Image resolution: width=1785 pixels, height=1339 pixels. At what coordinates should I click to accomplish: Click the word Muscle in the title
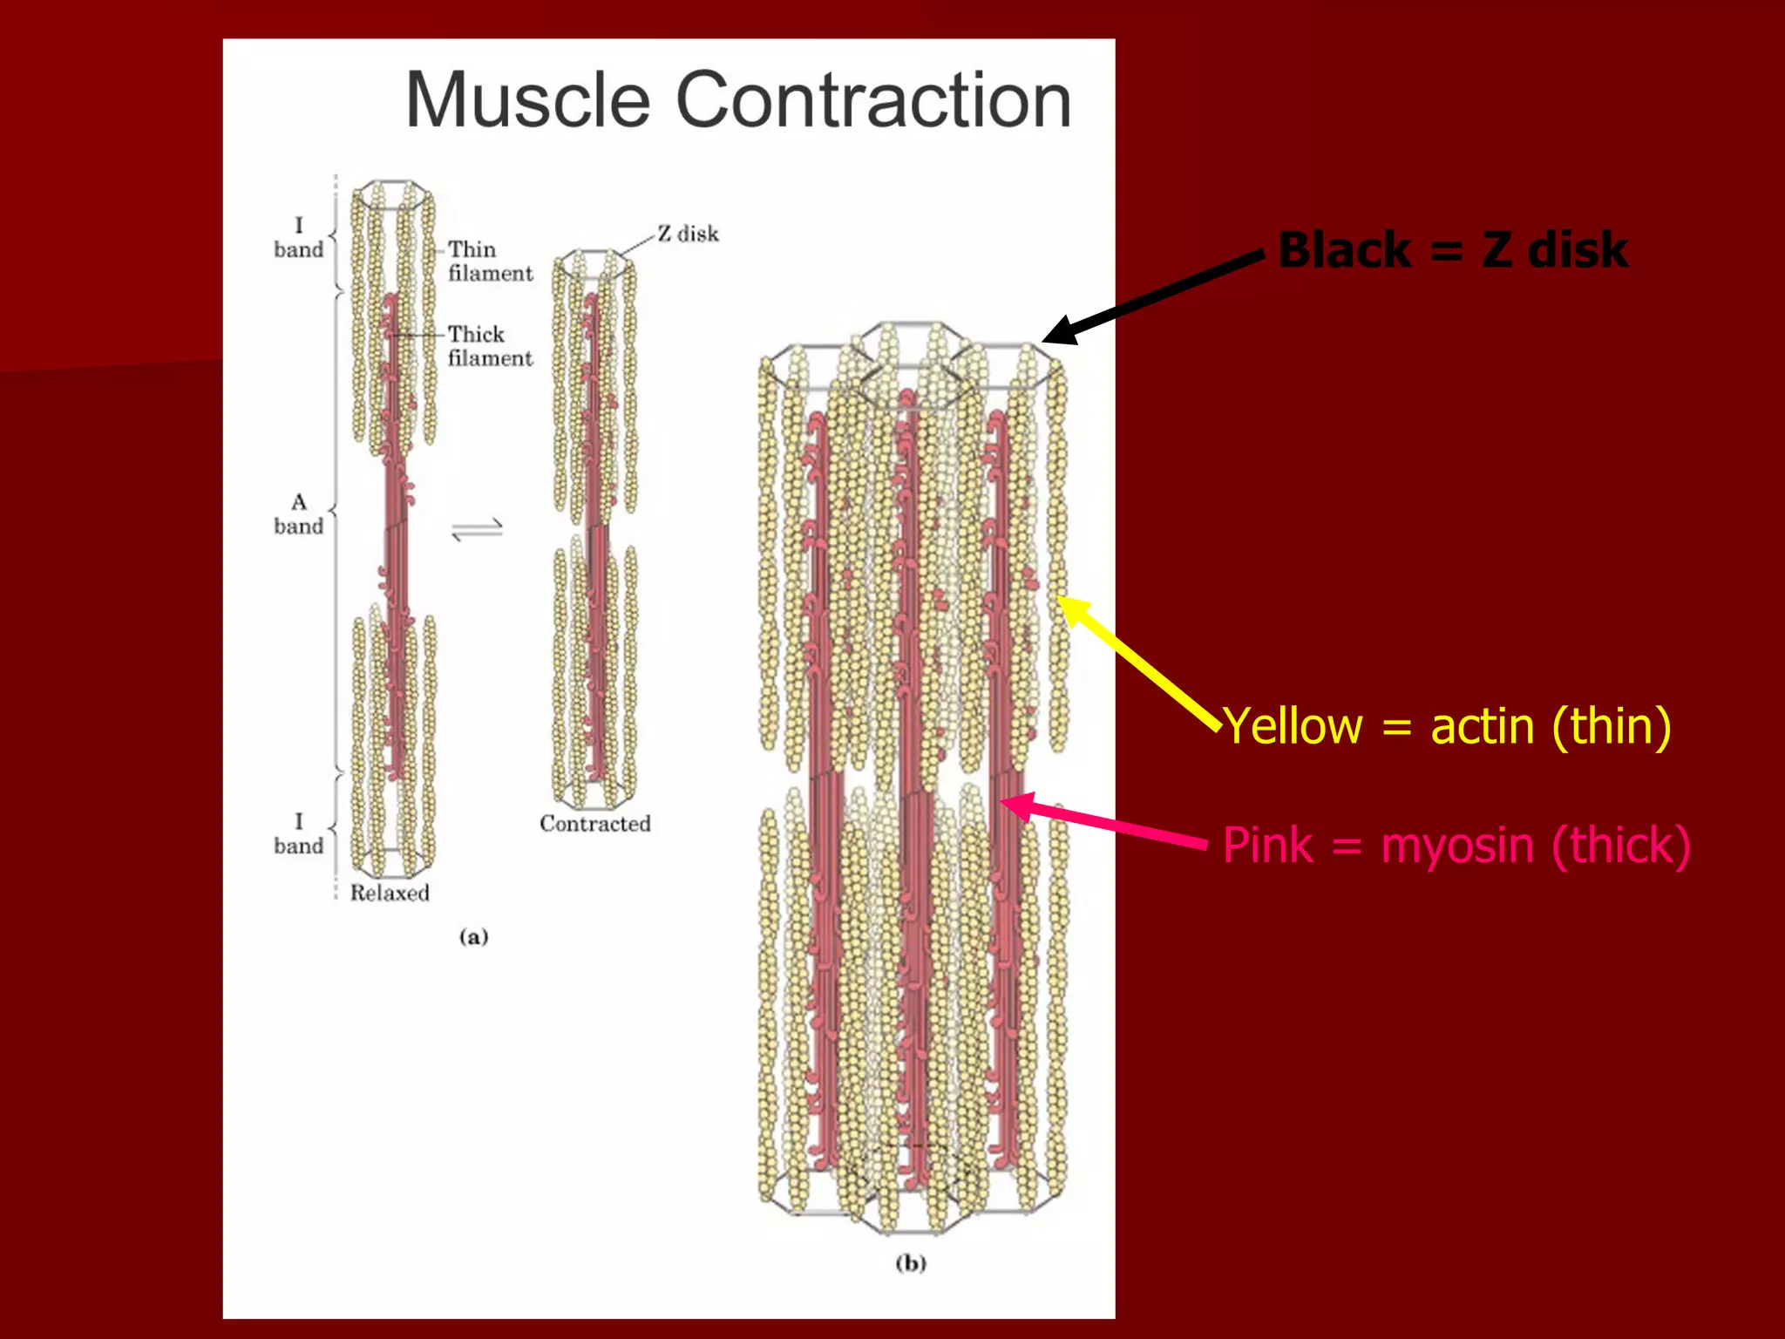click(528, 100)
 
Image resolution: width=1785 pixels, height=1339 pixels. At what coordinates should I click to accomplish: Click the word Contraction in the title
click(873, 100)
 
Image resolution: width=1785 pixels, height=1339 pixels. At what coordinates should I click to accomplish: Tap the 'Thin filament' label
click(489, 261)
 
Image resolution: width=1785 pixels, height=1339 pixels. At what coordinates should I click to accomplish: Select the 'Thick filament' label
click(489, 346)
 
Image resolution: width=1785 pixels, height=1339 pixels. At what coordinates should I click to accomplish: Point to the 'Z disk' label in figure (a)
click(688, 234)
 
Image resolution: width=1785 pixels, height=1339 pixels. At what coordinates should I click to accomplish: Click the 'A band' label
click(298, 514)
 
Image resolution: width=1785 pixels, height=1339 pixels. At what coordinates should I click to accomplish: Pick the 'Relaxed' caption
click(390, 893)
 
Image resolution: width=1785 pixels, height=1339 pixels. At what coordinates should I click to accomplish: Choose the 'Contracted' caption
click(594, 824)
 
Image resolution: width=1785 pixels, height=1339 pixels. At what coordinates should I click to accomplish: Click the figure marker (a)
click(473, 937)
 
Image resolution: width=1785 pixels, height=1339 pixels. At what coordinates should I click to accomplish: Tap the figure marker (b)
click(911, 1263)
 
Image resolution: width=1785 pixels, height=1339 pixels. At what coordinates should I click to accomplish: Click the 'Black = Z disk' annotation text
click(1452, 250)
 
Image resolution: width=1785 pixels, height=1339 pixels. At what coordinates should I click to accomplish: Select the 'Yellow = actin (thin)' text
click(1447, 726)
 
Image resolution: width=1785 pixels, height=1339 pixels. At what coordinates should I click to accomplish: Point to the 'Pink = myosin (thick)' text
click(1456, 845)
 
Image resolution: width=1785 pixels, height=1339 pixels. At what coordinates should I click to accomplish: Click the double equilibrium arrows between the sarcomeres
click(478, 529)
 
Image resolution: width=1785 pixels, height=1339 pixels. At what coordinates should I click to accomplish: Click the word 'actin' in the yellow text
click(1482, 726)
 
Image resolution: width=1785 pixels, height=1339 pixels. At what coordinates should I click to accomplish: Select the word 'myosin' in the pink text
click(1457, 846)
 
